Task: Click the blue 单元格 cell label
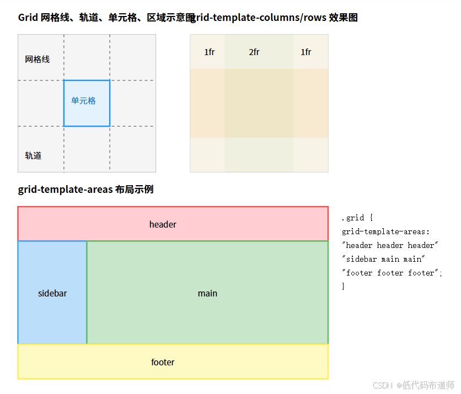[x=83, y=101]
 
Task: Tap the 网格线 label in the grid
[x=37, y=60]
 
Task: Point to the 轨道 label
[x=33, y=155]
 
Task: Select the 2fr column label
[x=254, y=52]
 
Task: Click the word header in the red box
[x=163, y=224]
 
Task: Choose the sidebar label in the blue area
[x=52, y=293]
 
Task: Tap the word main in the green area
[x=207, y=293]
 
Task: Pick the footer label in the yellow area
[x=163, y=362]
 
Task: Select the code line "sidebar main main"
[x=383, y=259]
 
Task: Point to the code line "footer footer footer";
[x=392, y=273]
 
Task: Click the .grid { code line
[x=357, y=218]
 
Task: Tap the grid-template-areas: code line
[x=385, y=231]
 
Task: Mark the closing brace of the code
[x=343, y=286]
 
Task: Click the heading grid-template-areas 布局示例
[x=85, y=190]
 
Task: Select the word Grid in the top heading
[x=28, y=18]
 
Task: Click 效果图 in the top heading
[x=343, y=18]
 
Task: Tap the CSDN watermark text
[x=382, y=385]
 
